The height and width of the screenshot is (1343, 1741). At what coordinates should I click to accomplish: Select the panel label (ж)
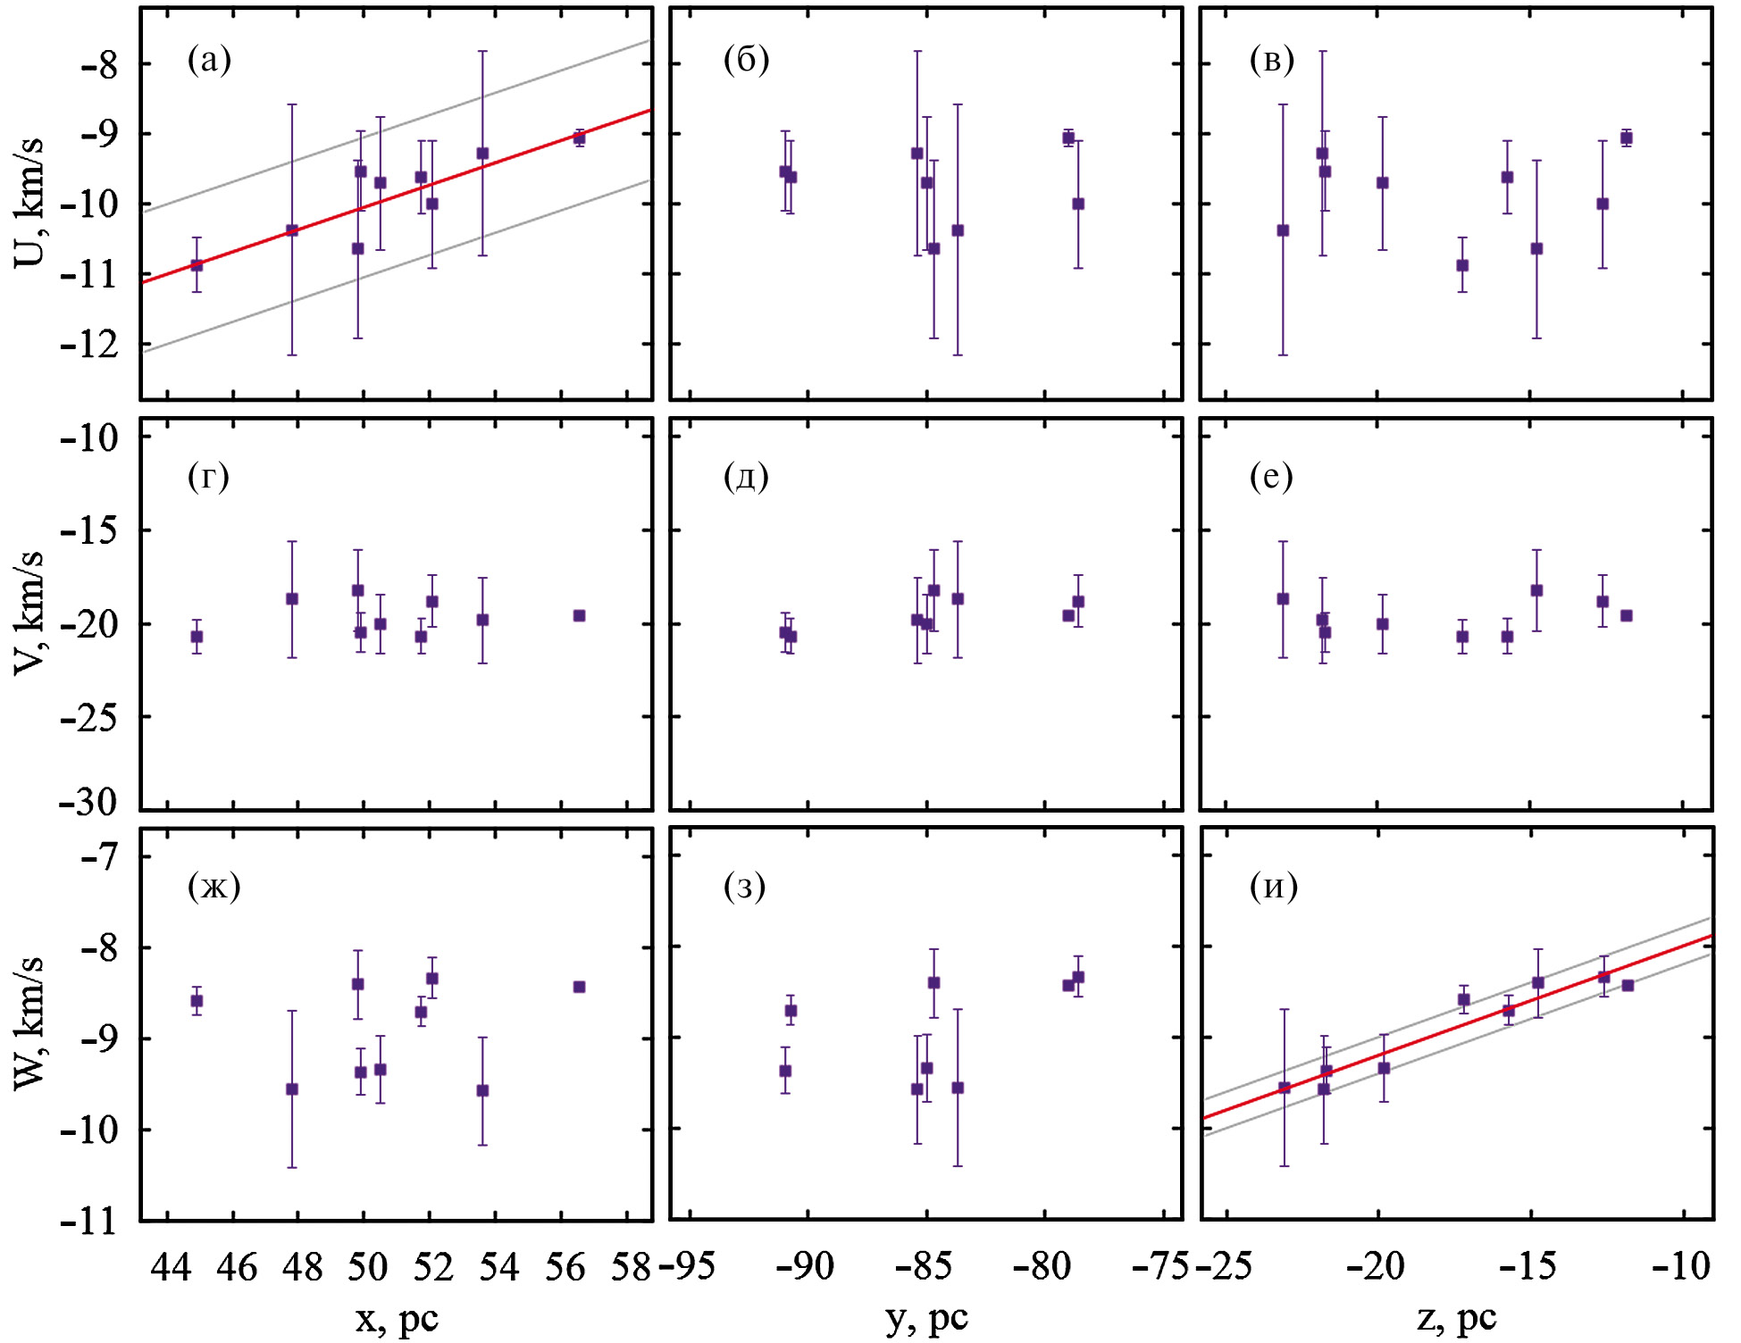point(213,886)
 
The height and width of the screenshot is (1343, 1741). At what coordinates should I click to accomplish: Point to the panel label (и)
point(1273,886)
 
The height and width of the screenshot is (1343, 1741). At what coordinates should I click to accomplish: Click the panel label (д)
point(746,476)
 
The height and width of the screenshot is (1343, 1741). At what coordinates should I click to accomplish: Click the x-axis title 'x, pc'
point(397,1319)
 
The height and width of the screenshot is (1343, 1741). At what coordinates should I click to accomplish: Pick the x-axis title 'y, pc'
point(926,1319)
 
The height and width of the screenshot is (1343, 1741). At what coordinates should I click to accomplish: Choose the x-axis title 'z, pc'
point(1456,1319)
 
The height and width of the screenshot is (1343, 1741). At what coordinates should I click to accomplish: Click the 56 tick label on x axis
point(565,1266)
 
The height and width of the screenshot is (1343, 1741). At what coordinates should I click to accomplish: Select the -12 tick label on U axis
point(89,344)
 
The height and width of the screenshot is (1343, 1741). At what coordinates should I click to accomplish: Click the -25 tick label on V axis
point(89,716)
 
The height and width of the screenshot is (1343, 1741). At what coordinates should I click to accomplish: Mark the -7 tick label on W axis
point(98,856)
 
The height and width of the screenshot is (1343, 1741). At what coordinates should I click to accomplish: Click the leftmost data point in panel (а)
point(197,265)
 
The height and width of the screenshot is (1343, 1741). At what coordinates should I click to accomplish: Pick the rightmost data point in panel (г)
point(579,615)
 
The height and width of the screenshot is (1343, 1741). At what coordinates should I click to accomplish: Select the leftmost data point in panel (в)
point(1283,230)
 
